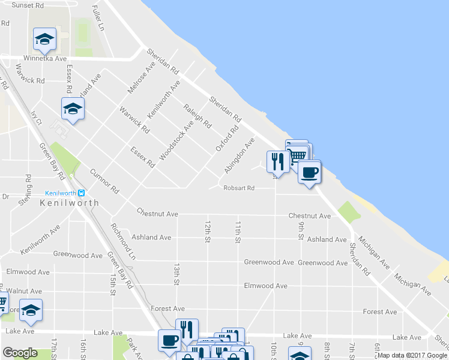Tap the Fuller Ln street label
[x=98, y=19]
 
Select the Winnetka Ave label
[x=44, y=59]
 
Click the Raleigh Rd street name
[x=197, y=116]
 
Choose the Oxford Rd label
[x=227, y=139]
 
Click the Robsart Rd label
[x=239, y=188]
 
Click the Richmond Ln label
[x=123, y=241]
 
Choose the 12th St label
[x=207, y=231]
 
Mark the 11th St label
[x=238, y=232]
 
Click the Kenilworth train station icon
[x=83, y=193]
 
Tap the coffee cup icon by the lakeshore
[x=309, y=172]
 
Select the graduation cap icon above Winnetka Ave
[x=44, y=39]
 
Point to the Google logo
[x=20, y=353]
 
